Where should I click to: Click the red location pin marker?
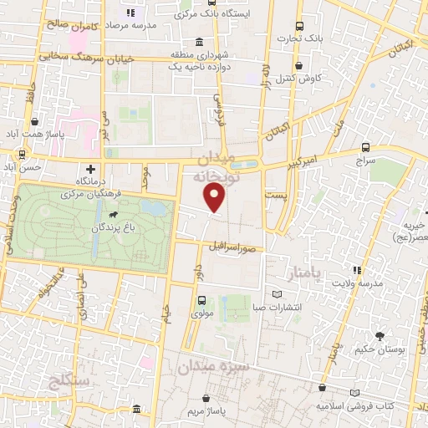pos(216,198)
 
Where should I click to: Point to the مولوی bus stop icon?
pos(201,300)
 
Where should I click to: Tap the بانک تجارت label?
pos(328,38)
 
